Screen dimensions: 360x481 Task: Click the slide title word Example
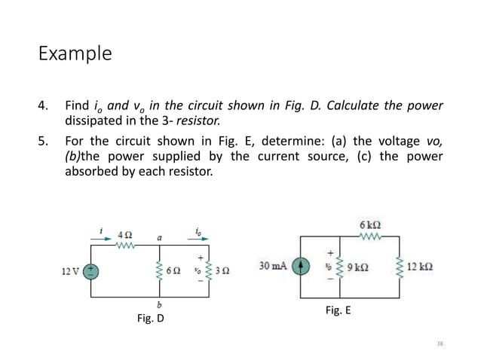75,54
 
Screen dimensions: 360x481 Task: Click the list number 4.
44,105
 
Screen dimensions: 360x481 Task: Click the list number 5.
44,141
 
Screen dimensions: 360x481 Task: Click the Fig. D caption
150,319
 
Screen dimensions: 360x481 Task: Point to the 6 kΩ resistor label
369,224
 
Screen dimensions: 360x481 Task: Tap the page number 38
440,343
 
